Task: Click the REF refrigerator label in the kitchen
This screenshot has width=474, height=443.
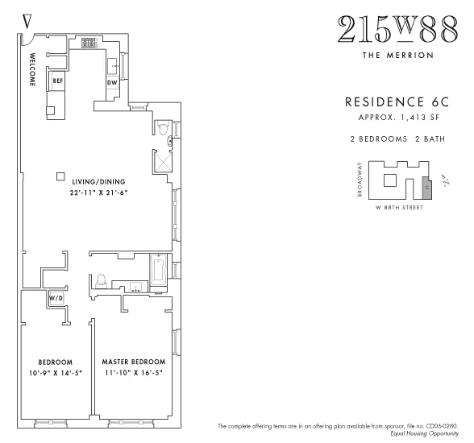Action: [58, 81]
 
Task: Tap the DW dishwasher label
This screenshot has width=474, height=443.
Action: [112, 82]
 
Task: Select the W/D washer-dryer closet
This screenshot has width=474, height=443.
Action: [56, 298]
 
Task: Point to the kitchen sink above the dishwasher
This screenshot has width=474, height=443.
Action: [114, 64]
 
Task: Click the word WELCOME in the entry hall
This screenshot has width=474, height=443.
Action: [33, 70]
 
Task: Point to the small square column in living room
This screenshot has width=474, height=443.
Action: [60, 177]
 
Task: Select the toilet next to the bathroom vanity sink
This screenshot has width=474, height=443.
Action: [102, 281]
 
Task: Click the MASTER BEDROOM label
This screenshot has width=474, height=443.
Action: [133, 362]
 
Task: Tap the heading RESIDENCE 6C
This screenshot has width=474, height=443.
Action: [390, 103]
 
